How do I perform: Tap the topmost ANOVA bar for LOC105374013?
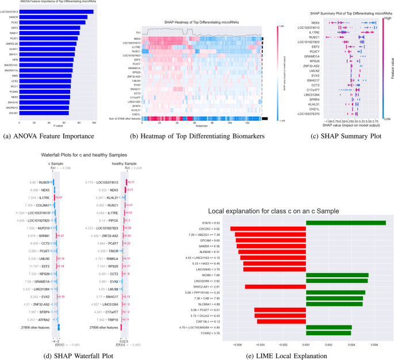(56, 12)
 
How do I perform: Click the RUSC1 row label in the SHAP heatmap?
(136, 51)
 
